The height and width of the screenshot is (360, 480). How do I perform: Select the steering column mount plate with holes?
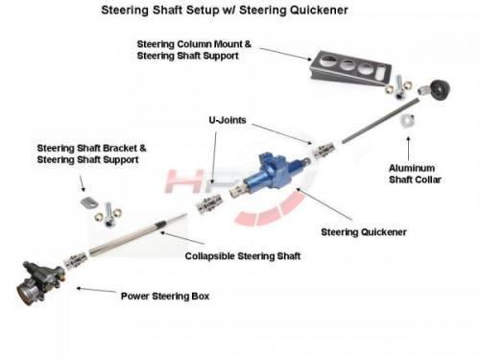tap(349, 69)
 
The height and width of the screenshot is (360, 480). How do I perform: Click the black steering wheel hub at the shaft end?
tap(440, 89)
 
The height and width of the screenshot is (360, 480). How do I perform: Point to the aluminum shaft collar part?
tap(408, 120)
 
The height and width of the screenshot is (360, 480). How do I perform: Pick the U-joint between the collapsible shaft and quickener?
tap(209, 204)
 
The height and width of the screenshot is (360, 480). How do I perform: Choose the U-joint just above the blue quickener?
tap(324, 151)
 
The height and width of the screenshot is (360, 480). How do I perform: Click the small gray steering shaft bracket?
tap(89, 203)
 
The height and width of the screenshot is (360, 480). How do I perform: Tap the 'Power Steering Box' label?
tap(165, 297)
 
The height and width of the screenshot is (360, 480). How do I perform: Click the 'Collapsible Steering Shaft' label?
tap(243, 256)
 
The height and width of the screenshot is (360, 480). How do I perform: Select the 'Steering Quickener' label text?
tap(364, 232)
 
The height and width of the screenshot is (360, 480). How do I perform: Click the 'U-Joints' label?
tap(228, 120)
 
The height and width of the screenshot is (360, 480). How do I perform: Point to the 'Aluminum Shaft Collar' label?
tap(415, 174)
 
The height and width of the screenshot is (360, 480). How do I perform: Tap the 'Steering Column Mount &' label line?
tap(194, 44)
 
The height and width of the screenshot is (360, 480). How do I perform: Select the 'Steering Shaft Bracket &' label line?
tap(91, 148)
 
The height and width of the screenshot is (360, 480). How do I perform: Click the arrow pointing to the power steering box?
tap(96, 290)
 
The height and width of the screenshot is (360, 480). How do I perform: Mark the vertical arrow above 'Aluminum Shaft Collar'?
tap(408, 149)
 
